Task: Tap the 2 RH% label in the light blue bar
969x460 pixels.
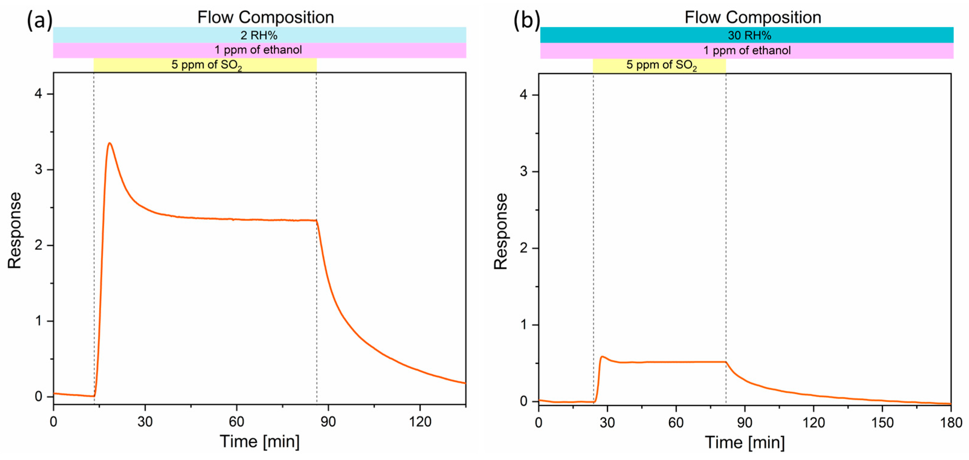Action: coord(259,35)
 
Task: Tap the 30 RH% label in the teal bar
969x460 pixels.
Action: coord(749,35)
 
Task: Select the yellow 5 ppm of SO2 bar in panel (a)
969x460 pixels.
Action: coord(205,65)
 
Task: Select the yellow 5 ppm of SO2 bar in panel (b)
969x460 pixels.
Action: coord(659,65)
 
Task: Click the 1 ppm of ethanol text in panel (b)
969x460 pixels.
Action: coord(747,50)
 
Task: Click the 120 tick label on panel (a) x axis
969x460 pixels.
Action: coord(420,422)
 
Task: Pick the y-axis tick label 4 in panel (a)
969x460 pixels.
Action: coord(38,94)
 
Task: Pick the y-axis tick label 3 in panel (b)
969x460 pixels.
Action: coord(523,171)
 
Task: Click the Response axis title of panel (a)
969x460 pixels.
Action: coord(15,230)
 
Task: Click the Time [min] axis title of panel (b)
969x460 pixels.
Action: coord(745,442)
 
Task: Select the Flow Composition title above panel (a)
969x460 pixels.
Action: coord(266,17)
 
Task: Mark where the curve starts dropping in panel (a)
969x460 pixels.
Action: coord(316,221)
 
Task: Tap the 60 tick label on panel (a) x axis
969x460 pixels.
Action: coord(237,422)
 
